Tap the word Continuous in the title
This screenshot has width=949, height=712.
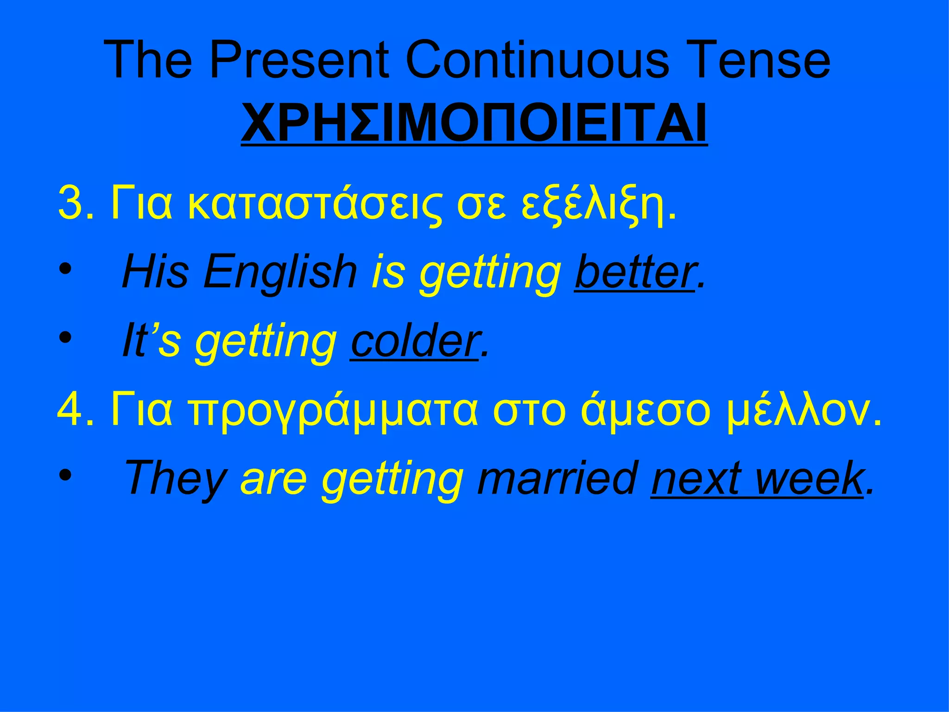(x=537, y=60)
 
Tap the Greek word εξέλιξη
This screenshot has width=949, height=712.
(x=597, y=204)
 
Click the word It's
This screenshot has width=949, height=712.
(x=151, y=341)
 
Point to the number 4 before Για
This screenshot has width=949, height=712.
(x=70, y=410)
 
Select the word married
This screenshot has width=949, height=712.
(x=557, y=478)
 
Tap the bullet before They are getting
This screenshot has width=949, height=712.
(x=65, y=475)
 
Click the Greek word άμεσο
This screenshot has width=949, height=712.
(x=645, y=411)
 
